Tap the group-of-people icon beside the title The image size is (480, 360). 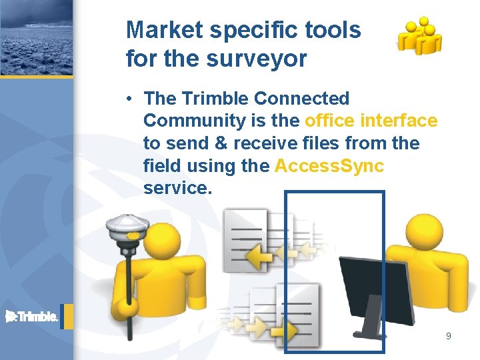pyautogui.click(x=419, y=36)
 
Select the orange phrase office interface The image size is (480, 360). pyautogui.click(x=371, y=121)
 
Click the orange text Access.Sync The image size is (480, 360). pyautogui.click(x=329, y=166)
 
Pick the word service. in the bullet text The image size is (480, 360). pyautogui.click(x=177, y=189)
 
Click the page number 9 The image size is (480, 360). pyautogui.click(x=448, y=336)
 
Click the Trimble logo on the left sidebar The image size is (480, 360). pyautogui.click(x=32, y=317)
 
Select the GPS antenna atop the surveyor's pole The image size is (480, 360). pyautogui.click(x=128, y=229)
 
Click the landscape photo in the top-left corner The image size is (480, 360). pyautogui.click(x=36, y=37)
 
